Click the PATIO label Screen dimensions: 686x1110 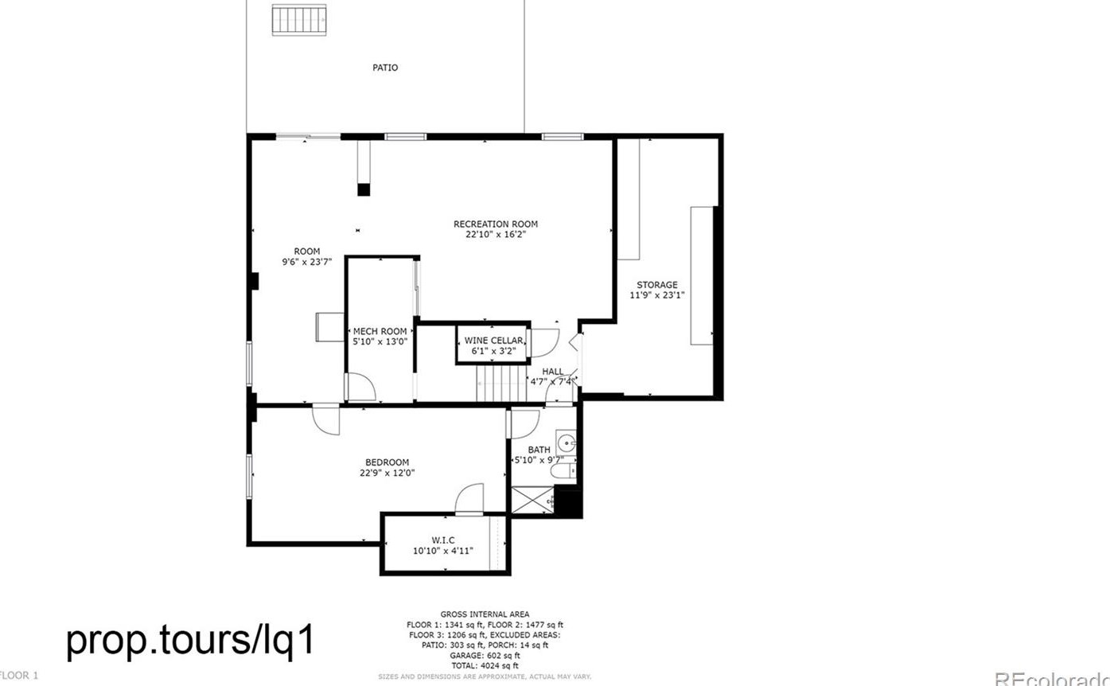coord(385,68)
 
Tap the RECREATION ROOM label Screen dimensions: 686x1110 coord(496,224)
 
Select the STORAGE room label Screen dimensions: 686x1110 coord(656,285)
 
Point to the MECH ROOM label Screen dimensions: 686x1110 coord(380,332)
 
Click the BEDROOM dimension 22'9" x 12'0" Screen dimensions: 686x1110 coord(387,473)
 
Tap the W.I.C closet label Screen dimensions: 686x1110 coord(443,540)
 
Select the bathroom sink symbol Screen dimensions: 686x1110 coord(567,442)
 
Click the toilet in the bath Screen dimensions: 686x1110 coord(563,473)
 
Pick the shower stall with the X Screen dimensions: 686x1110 coord(531,500)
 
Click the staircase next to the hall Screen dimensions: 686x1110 coord(502,383)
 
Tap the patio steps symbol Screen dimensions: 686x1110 coord(299,19)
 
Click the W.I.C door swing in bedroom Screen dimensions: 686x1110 coord(469,499)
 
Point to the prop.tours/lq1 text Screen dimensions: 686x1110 coord(191,641)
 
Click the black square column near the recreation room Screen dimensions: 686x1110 coord(364,189)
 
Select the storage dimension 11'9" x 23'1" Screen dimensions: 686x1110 coord(656,295)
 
